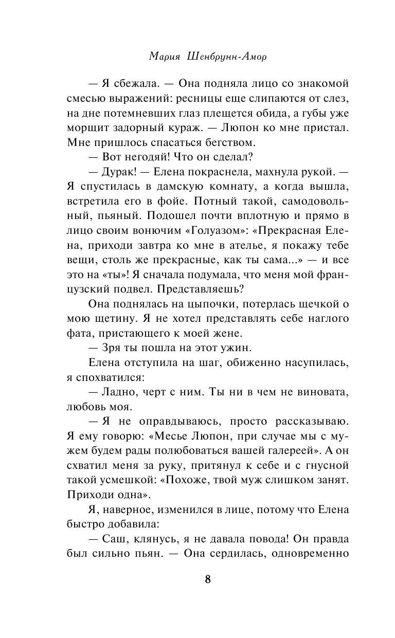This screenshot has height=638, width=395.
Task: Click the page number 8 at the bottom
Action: point(207,579)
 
